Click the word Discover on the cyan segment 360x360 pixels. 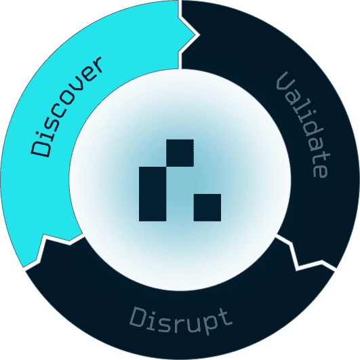click(x=66, y=106)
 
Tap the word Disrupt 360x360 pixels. click(x=181, y=320)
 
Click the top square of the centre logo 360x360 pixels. click(x=180, y=153)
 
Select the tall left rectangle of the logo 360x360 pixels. click(x=153, y=194)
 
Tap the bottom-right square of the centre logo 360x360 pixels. click(x=207, y=207)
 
